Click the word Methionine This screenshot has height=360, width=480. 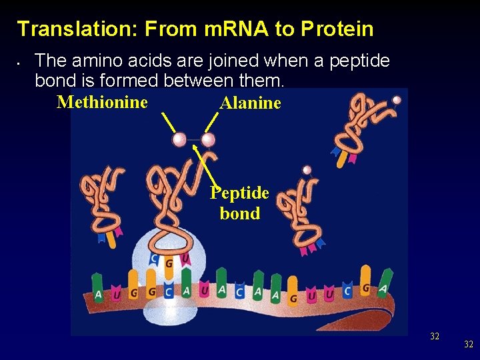point(102,102)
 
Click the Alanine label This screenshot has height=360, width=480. point(250,103)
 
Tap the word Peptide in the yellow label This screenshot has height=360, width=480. point(239,193)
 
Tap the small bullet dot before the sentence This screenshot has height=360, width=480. point(21,64)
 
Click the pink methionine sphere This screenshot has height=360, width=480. point(179,139)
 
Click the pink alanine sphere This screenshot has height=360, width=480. point(208,139)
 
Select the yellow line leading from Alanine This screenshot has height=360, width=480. point(212,121)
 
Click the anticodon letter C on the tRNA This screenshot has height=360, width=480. point(155,259)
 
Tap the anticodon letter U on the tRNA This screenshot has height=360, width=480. point(184,259)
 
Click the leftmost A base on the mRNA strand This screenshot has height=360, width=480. point(99,294)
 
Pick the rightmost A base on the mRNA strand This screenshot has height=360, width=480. point(382,291)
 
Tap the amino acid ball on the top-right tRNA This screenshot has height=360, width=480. point(397,100)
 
